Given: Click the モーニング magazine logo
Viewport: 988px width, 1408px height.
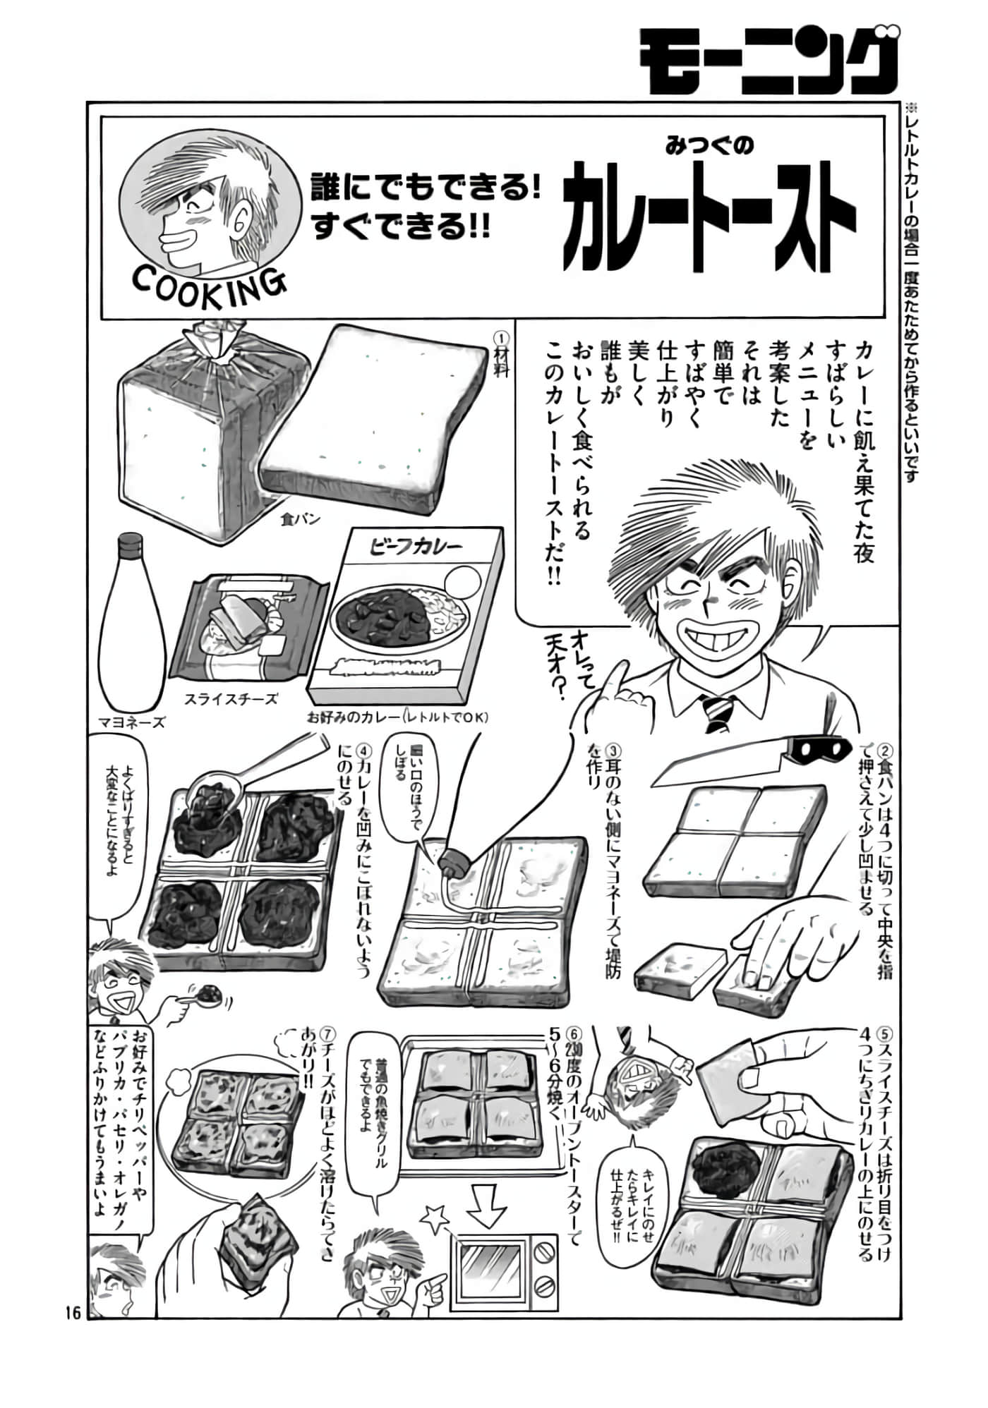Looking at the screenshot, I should click(769, 61).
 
